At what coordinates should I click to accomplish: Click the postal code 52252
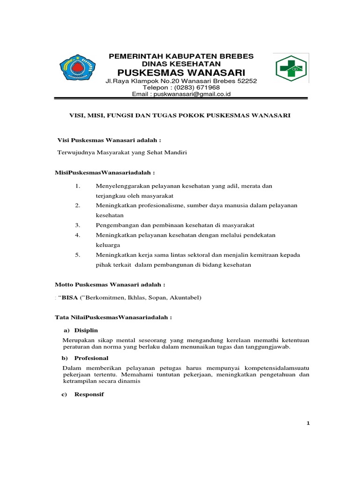click(x=247, y=81)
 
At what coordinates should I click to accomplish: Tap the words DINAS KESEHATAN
click(x=181, y=63)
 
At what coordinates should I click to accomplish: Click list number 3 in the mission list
click(x=78, y=225)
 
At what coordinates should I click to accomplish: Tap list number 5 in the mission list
click(x=78, y=255)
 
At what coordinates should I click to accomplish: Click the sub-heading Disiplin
click(x=85, y=330)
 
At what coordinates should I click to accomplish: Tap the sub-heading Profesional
click(x=90, y=358)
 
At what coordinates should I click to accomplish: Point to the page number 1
click(x=308, y=423)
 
